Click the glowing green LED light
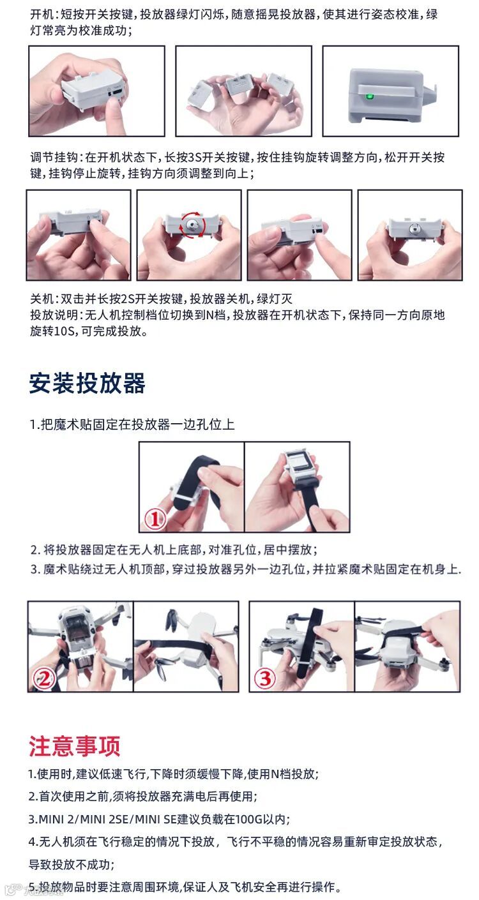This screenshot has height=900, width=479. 369,97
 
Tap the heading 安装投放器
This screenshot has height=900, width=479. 87,383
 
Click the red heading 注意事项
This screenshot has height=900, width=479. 74,747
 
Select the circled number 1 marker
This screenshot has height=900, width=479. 155,519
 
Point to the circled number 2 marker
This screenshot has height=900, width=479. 44,679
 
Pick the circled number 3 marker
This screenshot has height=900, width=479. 265,679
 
